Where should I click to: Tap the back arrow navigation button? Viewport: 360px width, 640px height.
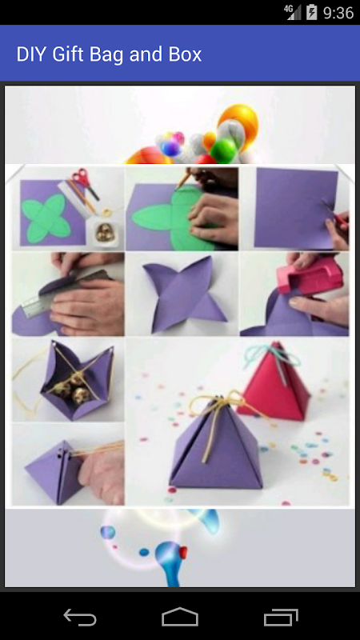80,617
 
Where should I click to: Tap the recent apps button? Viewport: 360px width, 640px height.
281,617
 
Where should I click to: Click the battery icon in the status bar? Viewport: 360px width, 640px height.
311,12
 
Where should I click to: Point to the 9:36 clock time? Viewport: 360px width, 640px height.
338,13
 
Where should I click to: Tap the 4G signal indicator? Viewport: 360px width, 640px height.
293,12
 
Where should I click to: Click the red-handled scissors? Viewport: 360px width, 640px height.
85,182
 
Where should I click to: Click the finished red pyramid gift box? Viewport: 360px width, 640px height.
274,384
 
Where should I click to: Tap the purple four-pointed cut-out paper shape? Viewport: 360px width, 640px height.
183,293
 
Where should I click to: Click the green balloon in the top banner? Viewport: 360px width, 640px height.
223,151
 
